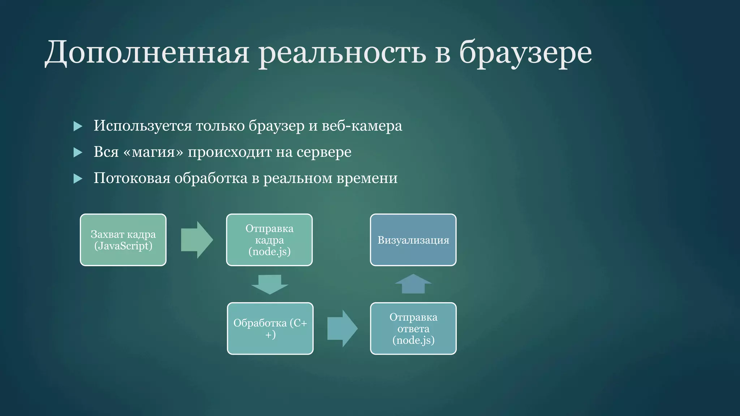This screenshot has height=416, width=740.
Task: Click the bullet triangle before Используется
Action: pyautogui.click(x=78, y=126)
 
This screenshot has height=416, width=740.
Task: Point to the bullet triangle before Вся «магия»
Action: pyautogui.click(x=78, y=152)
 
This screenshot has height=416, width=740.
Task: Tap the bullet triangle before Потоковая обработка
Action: pyautogui.click(x=78, y=178)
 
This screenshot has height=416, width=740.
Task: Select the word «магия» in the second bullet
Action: pyautogui.click(x=153, y=152)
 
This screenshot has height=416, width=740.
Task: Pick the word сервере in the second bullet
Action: pyautogui.click(x=324, y=152)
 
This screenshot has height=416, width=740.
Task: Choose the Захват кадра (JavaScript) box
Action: pyautogui.click(x=123, y=240)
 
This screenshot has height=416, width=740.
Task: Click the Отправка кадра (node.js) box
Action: pyautogui.click(x=269, y=240)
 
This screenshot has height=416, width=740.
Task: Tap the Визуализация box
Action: pyautogui.click(x=413, y=240)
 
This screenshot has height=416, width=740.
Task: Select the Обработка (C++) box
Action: pyautogui.click(x=270, y=328)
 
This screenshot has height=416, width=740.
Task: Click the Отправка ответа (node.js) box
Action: pyautogui.click(x=413, y=328)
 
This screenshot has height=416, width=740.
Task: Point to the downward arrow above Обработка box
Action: pyautogui.click(x=270, y=284)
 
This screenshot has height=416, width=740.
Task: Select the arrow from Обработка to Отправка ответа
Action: pyautogui.click(x=342, y=328)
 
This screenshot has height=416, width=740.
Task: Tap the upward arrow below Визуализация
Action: pyautogui.click(x=413, y=284)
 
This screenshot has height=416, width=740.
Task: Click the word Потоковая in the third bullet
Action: pyautogui.click(x=132, y=178)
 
